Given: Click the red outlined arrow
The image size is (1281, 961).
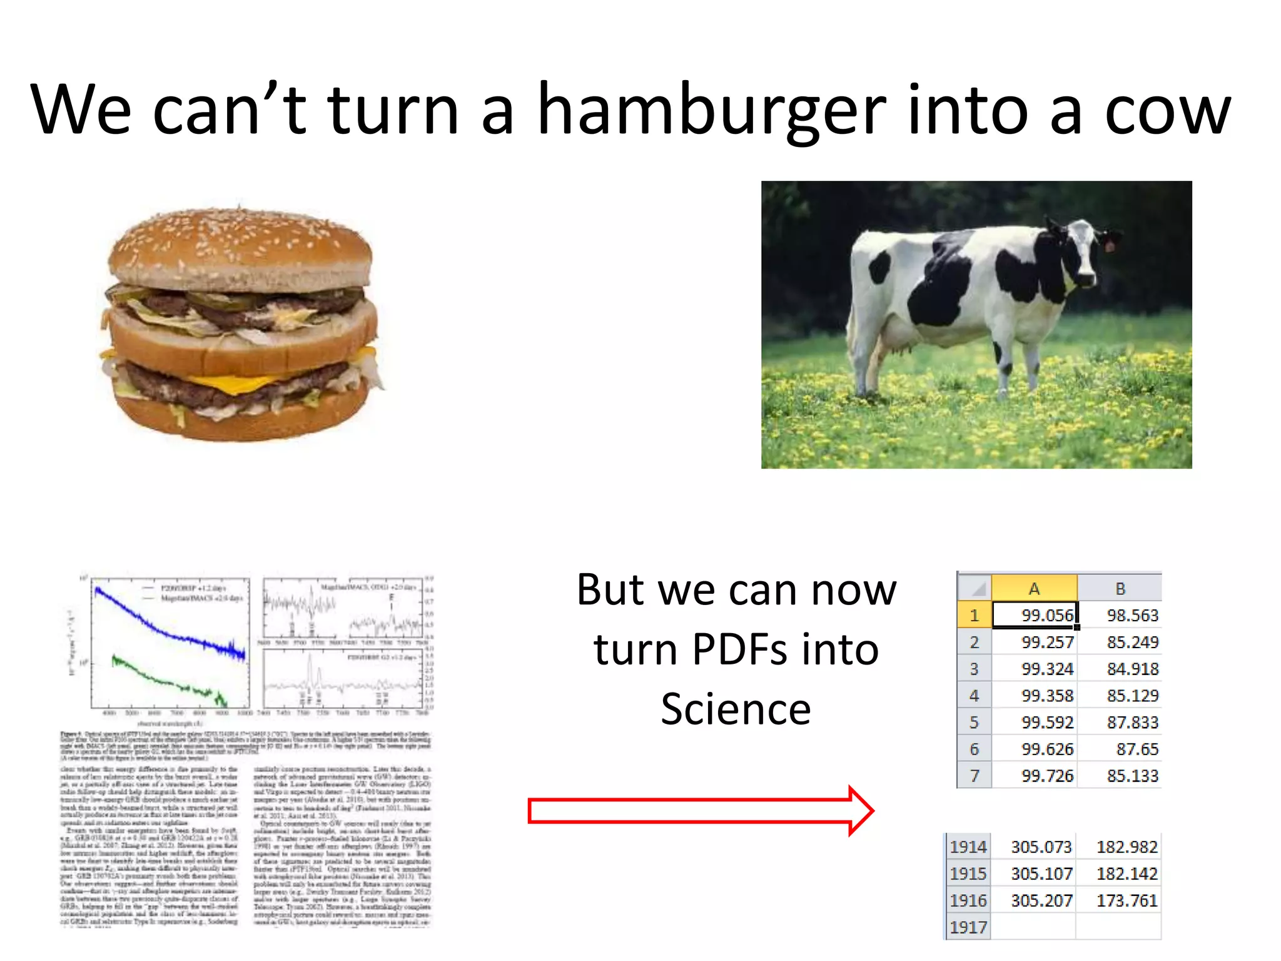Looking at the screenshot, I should [701, 811].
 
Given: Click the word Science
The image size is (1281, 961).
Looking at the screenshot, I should [736, 709].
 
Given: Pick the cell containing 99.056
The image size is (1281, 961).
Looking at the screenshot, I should [1035, 615].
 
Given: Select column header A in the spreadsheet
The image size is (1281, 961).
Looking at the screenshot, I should [1034, 588].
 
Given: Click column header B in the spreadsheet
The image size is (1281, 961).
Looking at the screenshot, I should [1120, 588].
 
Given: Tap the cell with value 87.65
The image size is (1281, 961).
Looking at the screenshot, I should [1120, 749].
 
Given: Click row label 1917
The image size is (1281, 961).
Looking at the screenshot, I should [968, 927].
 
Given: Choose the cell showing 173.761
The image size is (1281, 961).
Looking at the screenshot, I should [1120, 900].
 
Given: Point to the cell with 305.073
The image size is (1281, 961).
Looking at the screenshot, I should [1035, 847].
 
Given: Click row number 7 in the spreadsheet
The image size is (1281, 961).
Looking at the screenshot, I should [974, 776].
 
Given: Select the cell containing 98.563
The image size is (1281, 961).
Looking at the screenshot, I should [1120, 615].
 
